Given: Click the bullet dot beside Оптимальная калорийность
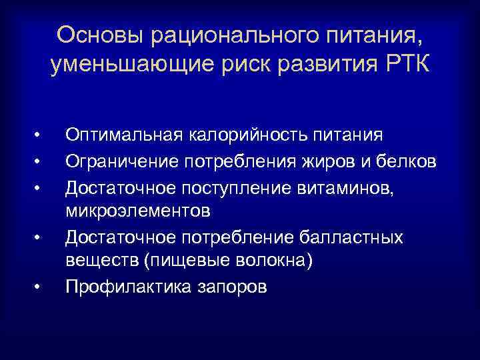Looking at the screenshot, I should [39, 136].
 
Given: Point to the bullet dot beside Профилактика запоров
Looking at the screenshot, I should [39, 288].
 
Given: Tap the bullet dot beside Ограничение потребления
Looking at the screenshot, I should [39, 161].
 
